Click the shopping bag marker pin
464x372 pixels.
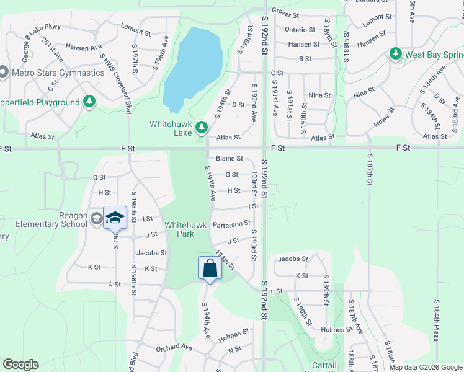[210, 268]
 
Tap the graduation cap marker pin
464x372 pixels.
[115, 218]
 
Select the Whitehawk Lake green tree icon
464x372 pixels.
[201, 128]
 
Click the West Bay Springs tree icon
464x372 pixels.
[396, 55]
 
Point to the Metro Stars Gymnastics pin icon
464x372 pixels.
[4, 73]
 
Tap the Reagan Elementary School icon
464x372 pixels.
[96, 218]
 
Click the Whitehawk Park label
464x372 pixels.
[179, 229]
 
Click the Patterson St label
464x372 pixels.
[231, 223]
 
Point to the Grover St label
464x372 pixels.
[285, 13]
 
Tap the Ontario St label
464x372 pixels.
[300, 30]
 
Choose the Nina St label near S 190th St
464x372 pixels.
[319, 95]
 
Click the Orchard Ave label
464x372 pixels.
[169, 348]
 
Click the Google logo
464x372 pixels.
[20, 365]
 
